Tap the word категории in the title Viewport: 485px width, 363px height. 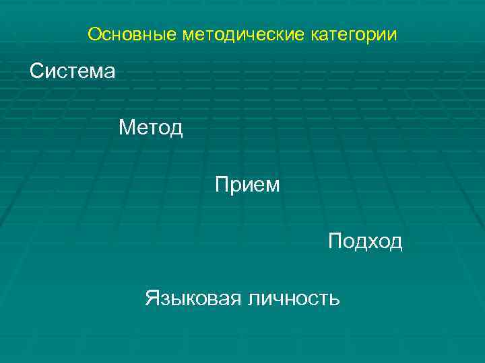(x=354, y=34)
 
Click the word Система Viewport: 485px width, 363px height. (x=73, y=71)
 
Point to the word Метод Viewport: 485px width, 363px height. (x=151, y=127)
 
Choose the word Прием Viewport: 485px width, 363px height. (x=247, y=184)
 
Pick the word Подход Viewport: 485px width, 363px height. (x=365, y=241)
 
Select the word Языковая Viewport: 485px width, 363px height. (x=193, y=298)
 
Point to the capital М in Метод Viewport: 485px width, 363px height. (x=127, y=127)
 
